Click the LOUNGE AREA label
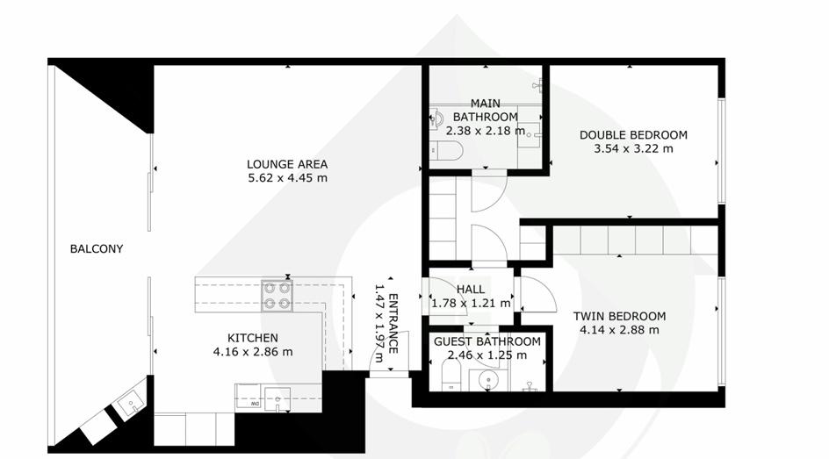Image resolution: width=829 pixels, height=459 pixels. click(x=287, y=164)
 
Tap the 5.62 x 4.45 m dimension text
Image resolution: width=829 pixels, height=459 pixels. click(x=288, y=178)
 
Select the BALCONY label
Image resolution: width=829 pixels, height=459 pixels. click(x=97, y=248)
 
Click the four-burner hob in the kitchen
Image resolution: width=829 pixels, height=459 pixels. click(x=277, y=296)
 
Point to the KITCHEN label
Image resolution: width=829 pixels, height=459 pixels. click(x=253, y=338)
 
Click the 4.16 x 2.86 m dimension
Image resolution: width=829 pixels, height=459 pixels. click(x=253, y=352)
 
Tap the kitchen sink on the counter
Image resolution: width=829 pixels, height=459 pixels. click(x=277, y=398)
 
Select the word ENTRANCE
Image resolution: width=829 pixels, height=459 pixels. click(x=393, y=323)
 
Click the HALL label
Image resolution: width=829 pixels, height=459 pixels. click(x=471, y=290)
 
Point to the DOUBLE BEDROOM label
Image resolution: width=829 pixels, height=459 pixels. click(x=633, y=135)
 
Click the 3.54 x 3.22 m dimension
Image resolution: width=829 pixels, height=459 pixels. click(x=633, y=149)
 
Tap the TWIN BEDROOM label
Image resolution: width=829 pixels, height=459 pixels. click(x=620, y=317)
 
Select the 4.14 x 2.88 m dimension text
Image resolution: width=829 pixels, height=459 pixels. click(x=620, y=330)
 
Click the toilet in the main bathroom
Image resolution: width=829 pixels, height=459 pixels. click(x=446, y=151)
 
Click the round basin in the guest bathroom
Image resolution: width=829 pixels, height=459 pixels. click(x=488, y=380)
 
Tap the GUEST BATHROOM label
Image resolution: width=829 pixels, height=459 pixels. click(x=487, y=341)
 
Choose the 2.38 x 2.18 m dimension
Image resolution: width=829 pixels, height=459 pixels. click(x=486, y=131)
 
